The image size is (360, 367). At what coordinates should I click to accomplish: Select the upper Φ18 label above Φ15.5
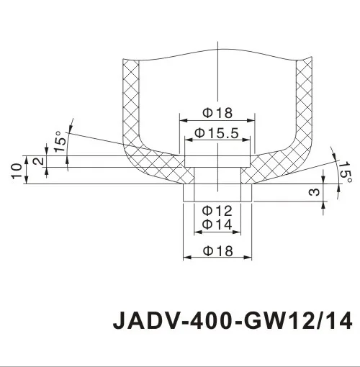tap(217, 113)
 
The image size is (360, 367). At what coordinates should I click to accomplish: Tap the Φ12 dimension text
tap(216, 211)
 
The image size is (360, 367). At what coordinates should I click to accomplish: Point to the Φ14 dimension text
tap(216, 225)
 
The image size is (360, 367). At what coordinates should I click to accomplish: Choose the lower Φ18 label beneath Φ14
tap(217, 250)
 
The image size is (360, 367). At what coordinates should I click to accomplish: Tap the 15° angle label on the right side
tap(345, 173)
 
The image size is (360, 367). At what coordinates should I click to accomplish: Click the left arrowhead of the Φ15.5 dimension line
tap(189, 139)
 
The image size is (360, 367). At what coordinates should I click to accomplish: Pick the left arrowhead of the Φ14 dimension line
tap(195, 232)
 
